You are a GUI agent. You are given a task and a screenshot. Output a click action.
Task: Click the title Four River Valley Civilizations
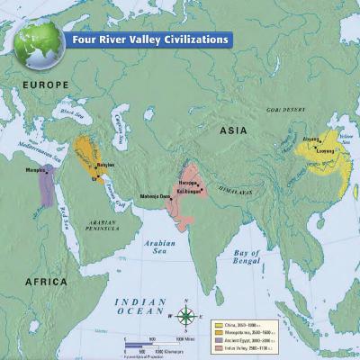[x=149, y=39]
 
